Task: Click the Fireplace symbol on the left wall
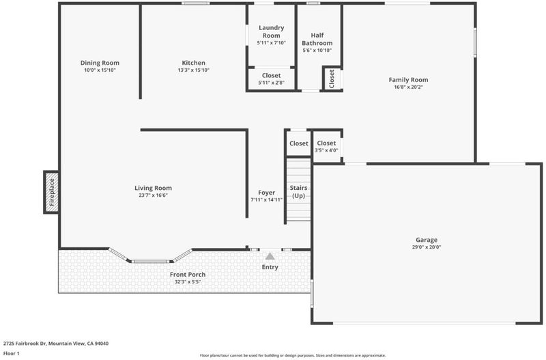coord(52,192)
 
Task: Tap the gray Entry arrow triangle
coord(270,256)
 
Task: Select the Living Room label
coord(153,188)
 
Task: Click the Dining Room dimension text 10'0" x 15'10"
coord(100,70)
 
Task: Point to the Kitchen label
coord(194,63)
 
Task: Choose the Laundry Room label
coord(271,31)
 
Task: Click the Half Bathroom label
coord(317,39)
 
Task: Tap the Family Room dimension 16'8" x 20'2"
coord(408,87)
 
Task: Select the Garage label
coord(427,240)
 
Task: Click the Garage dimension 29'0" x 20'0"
coord(427,247)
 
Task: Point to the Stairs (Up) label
coord(298,192)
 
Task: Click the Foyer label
coord(266,193)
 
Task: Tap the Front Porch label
coord(188,275)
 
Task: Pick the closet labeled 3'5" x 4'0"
coord(326,146)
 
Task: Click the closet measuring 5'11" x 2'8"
coord(271,79)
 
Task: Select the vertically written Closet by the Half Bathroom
coord(332,79)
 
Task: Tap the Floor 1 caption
coord(11,353)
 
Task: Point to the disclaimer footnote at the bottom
coord(293,355)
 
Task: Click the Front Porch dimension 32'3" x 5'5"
coord(188,282)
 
